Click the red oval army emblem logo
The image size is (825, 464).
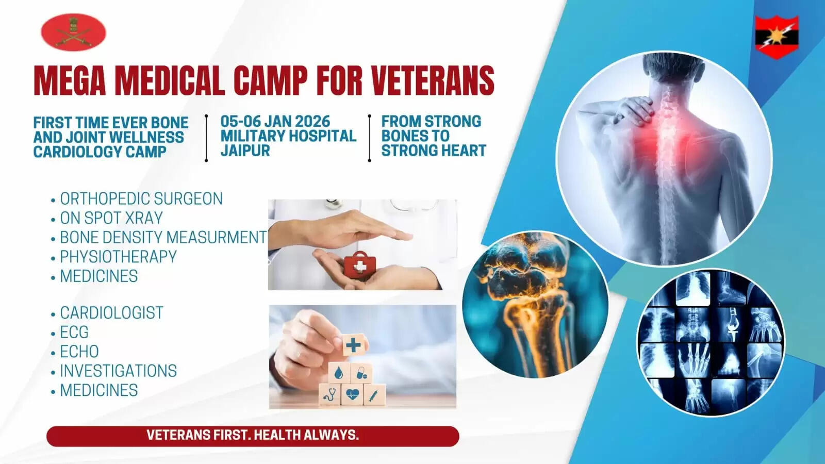click(x=73, y=32)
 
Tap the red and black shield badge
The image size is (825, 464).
click(x=777, y=37)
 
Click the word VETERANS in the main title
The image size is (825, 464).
click(x=433, y=80)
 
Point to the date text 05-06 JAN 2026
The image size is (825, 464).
click(x=275, y=121)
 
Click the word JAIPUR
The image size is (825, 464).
click(x=245, y=150)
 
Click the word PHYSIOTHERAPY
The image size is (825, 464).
click(x=118, y=257)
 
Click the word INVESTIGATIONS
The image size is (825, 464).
click(x=118, y=371)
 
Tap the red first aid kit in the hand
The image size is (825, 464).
click(x=360, y=263)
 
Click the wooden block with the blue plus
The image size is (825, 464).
click(x=354, y=345)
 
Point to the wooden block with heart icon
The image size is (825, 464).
click(x=352, y=394)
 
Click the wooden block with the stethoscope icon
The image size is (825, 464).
click(x=329, y=394)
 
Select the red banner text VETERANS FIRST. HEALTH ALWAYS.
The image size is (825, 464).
click(x=253, y=435)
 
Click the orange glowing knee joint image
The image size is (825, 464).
click(x=535, y=305)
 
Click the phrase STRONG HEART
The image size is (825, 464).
click(x=434, y=150)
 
